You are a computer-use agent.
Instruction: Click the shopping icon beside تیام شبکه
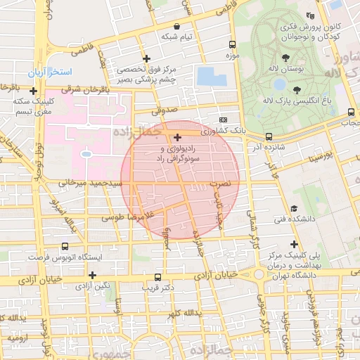[186, 27]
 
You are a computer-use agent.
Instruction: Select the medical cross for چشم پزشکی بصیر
[146, 58]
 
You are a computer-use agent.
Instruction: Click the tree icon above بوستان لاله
[285, 58]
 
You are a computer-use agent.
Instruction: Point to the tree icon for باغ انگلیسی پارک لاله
[296, 89]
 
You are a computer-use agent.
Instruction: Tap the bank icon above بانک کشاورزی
[224, 120]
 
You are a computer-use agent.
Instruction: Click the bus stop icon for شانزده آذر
[269, 137]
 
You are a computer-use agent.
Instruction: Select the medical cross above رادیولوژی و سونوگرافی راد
[177, 137]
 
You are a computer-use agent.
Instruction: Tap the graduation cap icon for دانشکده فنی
[293, 208]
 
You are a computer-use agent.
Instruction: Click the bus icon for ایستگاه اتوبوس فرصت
[65, 247]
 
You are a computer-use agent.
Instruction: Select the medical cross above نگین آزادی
[92, 274]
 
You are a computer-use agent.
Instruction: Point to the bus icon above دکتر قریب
[157, 277]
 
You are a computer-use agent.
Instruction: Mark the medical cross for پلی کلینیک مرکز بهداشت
[295, 244]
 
